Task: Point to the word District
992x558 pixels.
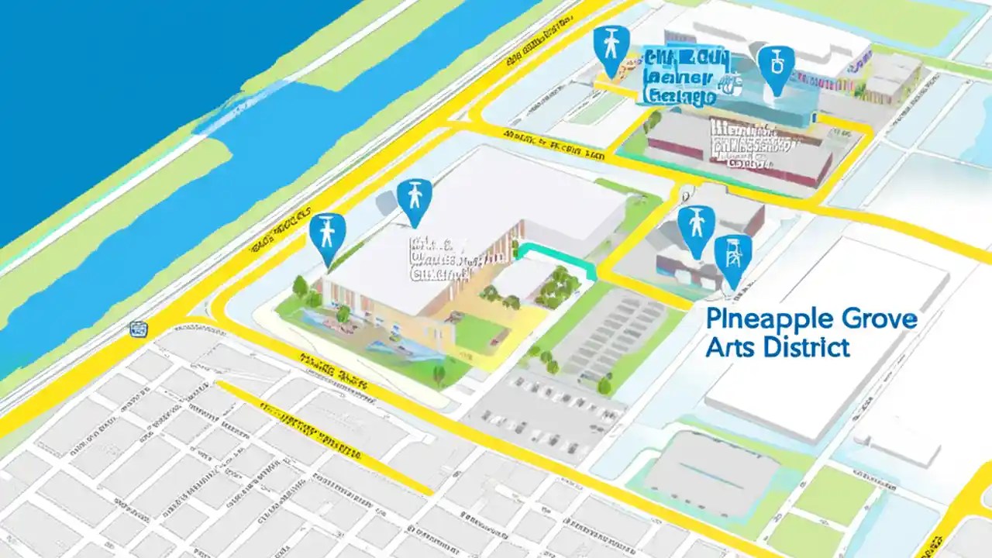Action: pos(806,346)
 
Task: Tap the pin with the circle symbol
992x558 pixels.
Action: pos(776,68)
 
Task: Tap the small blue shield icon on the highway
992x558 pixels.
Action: pos(139,329)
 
